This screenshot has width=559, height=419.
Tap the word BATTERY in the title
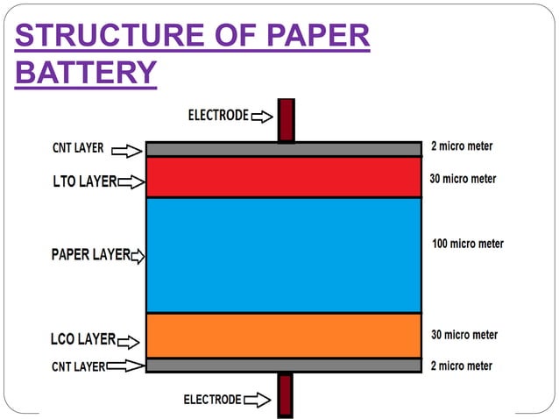(x=86, y=72)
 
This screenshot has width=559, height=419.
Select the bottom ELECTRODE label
(x=212, y=400)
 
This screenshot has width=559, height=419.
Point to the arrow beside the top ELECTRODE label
(x=262, y=115)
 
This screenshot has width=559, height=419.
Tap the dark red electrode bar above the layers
(x=286, y=120)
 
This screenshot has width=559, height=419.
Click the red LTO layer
(x=283, y=177)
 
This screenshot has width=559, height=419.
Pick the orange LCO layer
(x=283, y=336)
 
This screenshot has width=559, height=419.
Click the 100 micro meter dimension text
(x=468, y=244)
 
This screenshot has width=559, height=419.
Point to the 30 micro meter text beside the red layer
(x=463, y=179)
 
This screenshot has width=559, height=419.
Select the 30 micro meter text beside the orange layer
(x=464, y=335)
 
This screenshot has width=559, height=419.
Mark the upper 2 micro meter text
(x=462, y=146)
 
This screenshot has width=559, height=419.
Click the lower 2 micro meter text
(x=462, y=366)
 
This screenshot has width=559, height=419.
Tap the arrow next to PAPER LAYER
(x=138, y=257)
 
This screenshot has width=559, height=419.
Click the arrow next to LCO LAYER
(x=128, y=340)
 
